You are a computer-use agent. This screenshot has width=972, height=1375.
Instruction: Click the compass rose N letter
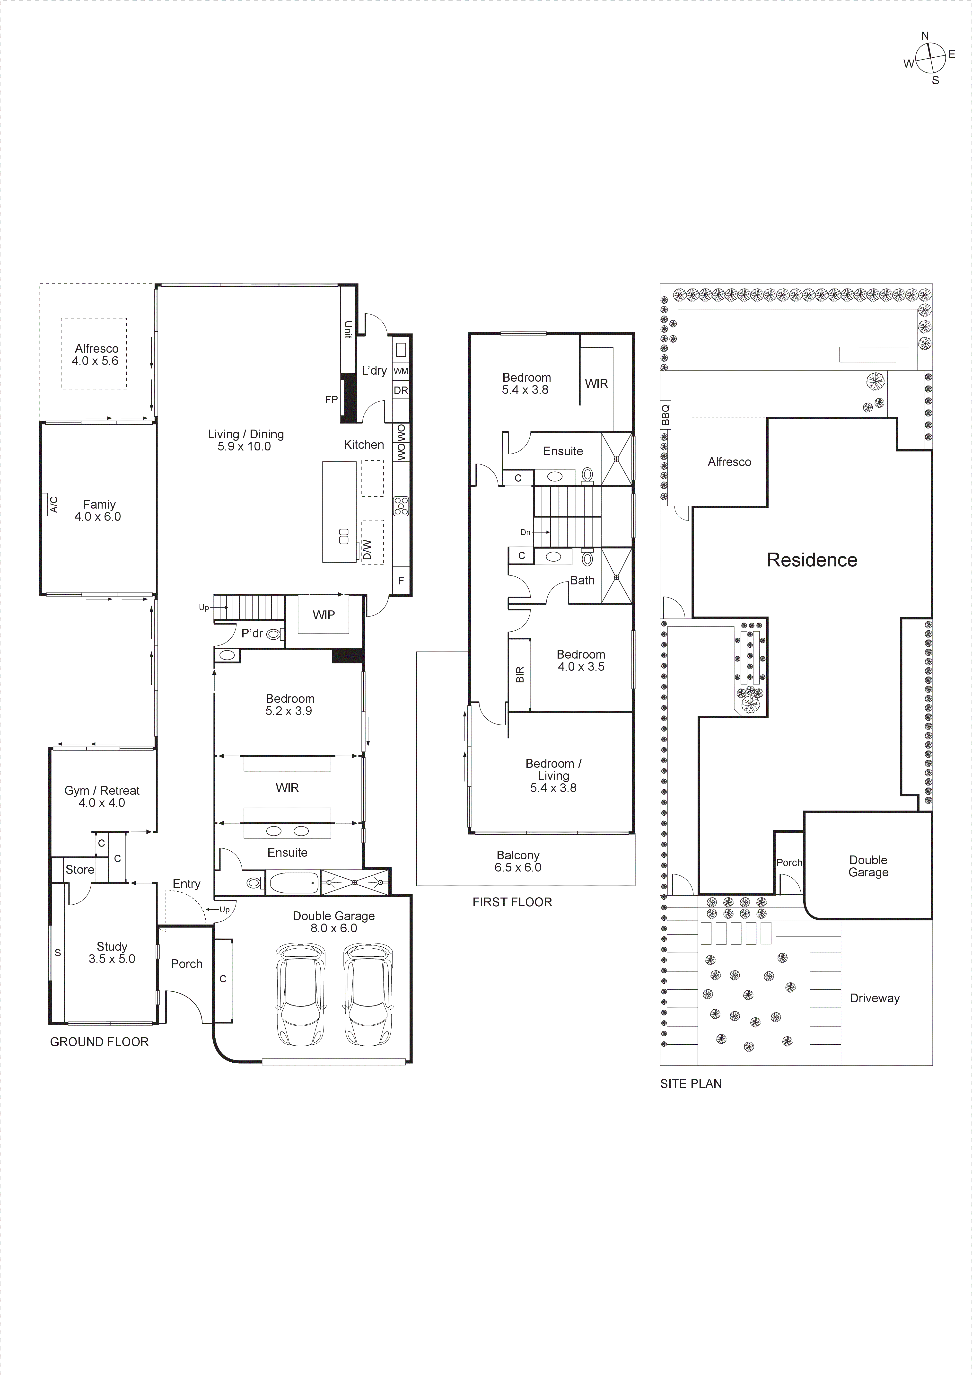click(925, 36)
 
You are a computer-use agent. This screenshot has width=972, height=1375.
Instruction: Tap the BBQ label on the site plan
click(665, 414)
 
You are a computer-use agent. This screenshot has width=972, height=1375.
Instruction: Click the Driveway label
click(874, 998)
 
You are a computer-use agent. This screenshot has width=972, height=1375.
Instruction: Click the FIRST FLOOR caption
click(512, 902)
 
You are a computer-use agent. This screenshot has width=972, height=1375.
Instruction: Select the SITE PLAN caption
click(691, 1083)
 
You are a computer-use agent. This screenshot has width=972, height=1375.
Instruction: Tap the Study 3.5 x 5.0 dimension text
click(112, 959)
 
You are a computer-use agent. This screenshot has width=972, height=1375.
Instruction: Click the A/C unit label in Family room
click(54, 504)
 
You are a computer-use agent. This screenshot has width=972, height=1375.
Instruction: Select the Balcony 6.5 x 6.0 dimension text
click(518, 867)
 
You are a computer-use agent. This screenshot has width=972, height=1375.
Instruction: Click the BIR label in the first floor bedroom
click(520, 675)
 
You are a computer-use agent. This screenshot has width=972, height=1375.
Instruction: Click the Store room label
click(80, 870)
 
